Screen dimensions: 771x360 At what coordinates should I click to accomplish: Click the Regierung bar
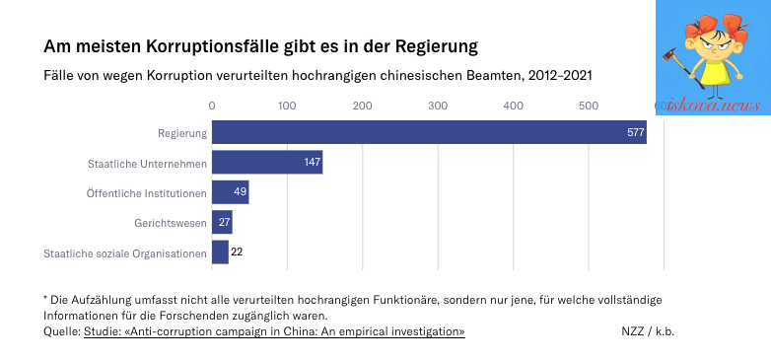[x=429, y=132]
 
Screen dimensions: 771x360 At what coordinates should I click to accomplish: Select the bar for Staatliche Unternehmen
[x=267, y=163]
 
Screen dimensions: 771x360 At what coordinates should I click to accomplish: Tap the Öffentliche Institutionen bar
[x=230, y=192]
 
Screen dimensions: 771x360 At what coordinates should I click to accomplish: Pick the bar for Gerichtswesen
[x=222, y=222]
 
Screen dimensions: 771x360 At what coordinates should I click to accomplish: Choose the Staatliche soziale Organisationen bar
[x=220, y=252]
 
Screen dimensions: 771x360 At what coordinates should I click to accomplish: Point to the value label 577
[x=635, y=132]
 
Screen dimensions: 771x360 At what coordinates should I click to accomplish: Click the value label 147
[x=313, y=163]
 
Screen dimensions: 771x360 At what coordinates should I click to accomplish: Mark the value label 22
[x=237, y=252]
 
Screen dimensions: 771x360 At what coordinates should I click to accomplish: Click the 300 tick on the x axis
[x=438, y=106]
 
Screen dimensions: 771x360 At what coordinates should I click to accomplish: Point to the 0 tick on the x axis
[x=212, y=106]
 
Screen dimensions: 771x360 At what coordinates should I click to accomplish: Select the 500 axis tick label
[x=589, y=106]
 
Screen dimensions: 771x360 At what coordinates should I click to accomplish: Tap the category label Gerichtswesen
[x=171, y=223]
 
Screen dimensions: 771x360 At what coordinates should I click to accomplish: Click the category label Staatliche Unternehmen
[x=148, y=164]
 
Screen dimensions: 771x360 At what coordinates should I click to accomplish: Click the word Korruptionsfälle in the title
[x=207, y=46]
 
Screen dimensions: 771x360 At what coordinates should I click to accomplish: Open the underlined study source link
[x=274, y=332]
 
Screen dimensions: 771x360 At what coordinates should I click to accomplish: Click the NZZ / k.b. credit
[x=648, y=332]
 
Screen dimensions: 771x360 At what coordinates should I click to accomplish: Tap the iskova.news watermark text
[x=713, y=106]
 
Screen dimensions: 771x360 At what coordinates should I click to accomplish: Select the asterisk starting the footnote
[x=45, y=298]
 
